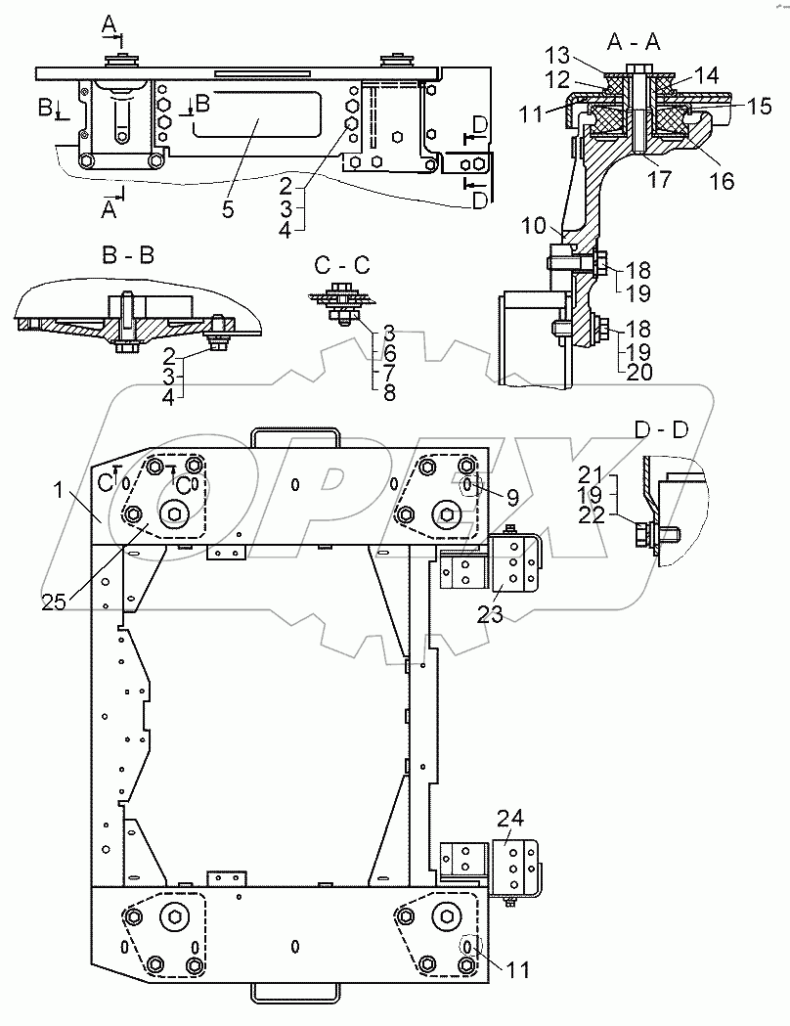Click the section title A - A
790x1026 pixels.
pos(633,42)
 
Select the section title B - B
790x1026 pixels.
pos(128,254)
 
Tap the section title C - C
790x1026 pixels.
pos(342,265)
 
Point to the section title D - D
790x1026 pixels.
pos(662,429)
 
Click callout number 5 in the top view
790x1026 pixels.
pos(228,209)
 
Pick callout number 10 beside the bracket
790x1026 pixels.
pos(534,226)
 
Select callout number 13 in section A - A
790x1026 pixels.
pos(558,56)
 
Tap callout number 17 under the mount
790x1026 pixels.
pos(659,178)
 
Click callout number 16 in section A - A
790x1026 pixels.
pos(722,181)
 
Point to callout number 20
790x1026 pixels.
pos(639,372)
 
